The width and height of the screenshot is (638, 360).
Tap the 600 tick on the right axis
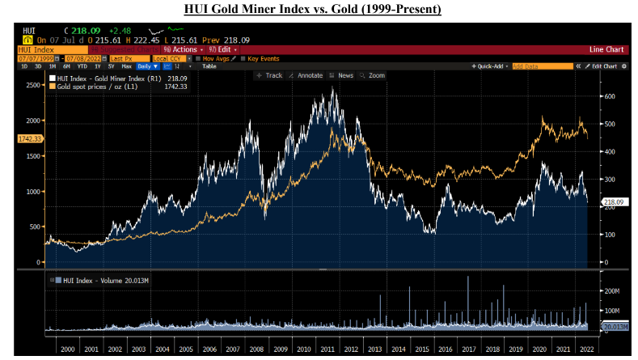point(610,96)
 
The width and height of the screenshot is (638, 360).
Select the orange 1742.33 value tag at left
point(29,139)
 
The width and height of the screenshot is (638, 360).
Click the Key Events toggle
point(262,58)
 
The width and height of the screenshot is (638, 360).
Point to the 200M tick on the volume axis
point(611,289)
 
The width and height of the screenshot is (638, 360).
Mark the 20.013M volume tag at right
point(616,327)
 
